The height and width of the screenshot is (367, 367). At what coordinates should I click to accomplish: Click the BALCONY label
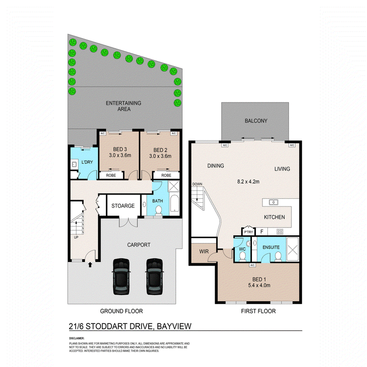click(256, 121)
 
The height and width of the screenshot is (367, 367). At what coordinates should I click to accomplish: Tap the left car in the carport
click(121, 277)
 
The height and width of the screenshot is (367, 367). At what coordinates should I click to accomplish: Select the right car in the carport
click(155, 277)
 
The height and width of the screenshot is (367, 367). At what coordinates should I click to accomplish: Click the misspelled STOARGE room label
click(123, 206)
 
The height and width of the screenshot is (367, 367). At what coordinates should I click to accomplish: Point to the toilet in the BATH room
click(158, 210)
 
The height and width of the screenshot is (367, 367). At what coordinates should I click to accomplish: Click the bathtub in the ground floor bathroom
click(174, 203)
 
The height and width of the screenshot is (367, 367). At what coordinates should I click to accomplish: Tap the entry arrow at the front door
click(90, 265)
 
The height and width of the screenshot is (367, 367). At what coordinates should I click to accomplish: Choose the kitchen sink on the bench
click(273, 202)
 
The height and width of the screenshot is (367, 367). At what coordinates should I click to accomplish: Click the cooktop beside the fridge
click(280, 232)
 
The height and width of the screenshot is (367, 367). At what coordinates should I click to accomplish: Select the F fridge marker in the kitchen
click(262, 232)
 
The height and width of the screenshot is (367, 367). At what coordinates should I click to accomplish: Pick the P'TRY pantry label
click(248, 232)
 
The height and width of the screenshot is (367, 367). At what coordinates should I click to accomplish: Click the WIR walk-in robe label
click(204, 251)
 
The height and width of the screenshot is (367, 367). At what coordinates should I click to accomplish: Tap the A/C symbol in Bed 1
click(252, 265)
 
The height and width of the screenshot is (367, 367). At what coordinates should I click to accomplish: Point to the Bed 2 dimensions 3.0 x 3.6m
click(160, 156)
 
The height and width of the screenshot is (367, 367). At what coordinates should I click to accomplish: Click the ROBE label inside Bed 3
click(111, 175)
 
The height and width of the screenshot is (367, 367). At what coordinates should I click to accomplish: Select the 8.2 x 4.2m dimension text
click(248, 182)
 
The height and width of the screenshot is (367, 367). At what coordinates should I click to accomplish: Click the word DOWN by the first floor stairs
click(197, 184)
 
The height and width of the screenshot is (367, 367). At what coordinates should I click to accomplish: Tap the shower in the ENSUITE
click(292, 249)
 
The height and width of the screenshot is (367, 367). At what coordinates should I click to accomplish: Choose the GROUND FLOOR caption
click(122, 311)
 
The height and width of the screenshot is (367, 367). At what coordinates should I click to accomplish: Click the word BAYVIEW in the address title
click(174, 326)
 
